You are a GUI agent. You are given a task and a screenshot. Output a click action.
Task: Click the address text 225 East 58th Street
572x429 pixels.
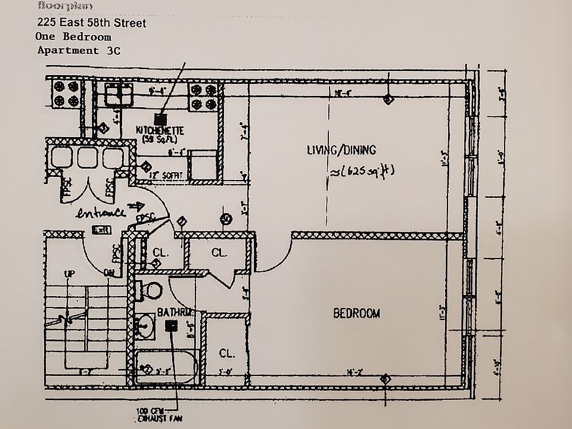[91, 23]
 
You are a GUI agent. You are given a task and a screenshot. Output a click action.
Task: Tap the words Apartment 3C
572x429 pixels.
[79, 50]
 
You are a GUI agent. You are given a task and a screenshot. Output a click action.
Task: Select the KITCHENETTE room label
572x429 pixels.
[160, 130]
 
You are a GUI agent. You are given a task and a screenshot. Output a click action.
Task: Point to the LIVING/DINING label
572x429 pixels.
[341, 150]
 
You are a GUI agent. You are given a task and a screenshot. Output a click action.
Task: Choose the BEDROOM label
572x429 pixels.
[356, 313]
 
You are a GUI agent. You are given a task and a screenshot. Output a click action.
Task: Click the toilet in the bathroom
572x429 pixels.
[153, 291]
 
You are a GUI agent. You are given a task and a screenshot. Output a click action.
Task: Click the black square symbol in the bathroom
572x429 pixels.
[173, 325]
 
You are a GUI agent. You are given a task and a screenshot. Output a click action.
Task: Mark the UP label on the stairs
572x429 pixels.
[70, 273]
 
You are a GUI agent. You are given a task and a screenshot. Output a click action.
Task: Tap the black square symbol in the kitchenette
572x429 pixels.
[158, 119]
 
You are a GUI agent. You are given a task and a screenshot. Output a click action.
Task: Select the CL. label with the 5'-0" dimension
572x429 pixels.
[226, 353]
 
